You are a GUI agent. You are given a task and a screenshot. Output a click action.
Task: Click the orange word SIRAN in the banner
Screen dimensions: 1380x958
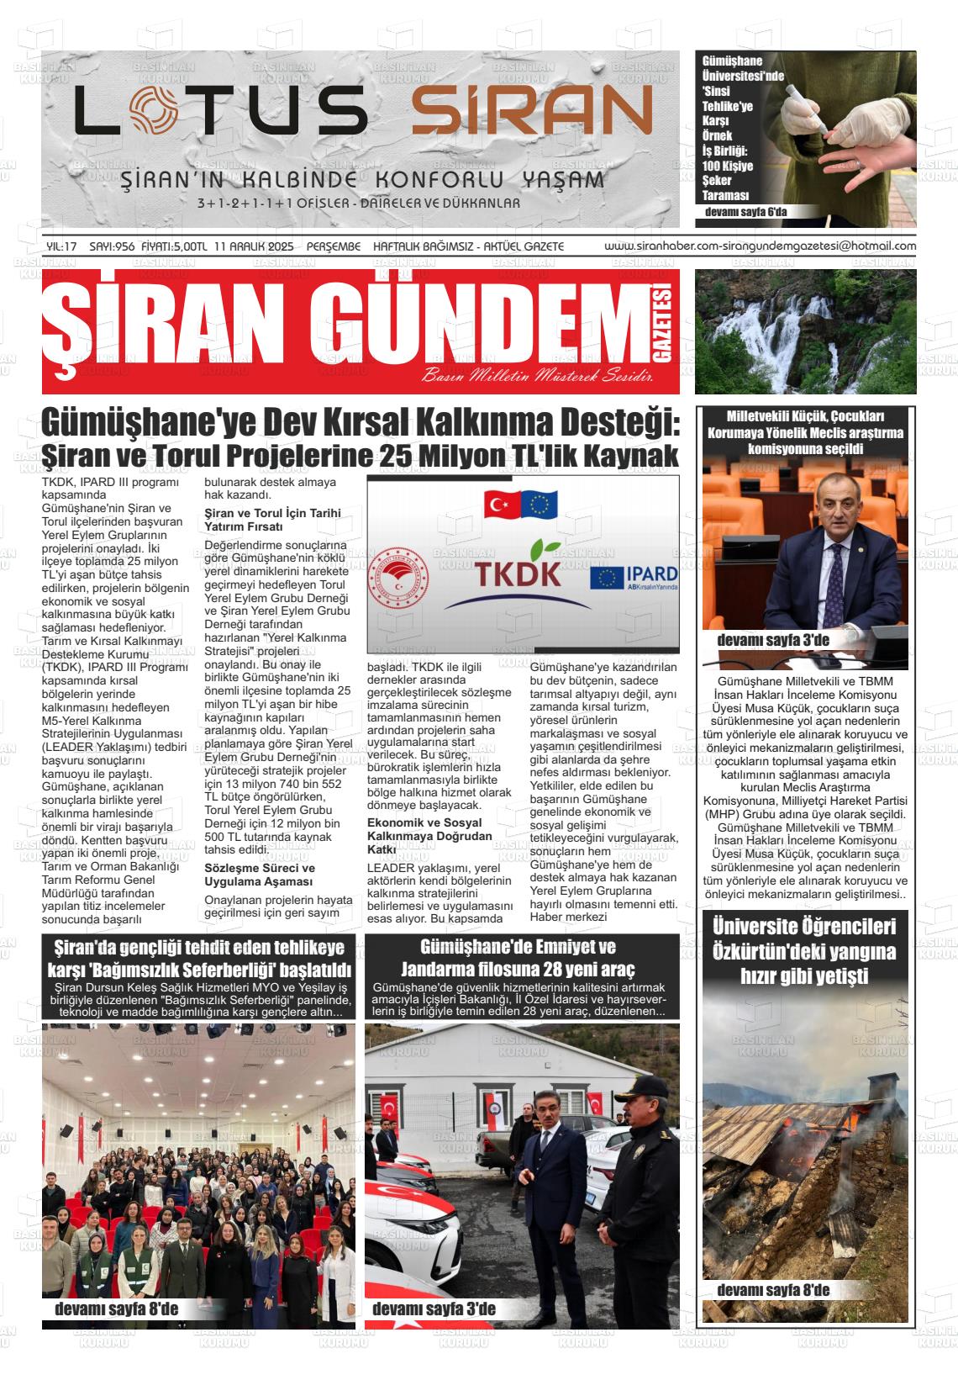531,111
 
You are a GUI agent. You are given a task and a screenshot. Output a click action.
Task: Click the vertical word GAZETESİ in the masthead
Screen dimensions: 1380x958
665,332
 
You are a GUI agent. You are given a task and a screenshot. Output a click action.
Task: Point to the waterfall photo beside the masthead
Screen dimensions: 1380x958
805,331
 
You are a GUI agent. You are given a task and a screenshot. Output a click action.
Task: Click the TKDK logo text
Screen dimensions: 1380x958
518,574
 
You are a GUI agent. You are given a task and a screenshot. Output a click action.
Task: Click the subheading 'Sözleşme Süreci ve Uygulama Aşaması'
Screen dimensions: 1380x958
260,875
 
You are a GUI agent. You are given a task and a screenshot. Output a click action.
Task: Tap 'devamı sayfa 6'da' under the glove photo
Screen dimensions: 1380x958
745,212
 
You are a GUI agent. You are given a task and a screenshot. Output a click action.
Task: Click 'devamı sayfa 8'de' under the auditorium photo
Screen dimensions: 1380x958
116,1309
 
